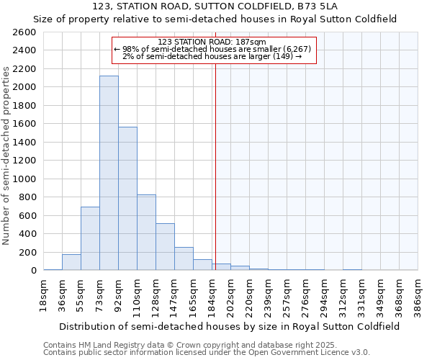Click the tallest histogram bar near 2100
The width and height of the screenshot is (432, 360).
[x=109, y=173]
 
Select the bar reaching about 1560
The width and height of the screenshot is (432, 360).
[x=127, y=199]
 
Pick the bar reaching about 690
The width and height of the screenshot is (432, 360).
[x=90, y=238]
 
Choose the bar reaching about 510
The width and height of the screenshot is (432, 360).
[x=165, y=247]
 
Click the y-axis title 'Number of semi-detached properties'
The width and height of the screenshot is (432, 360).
[x=6, y=155]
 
